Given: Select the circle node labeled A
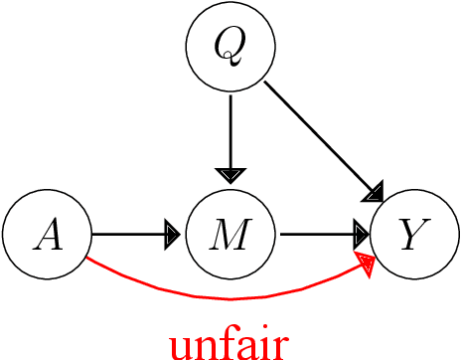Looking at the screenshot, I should (x=47, y=236).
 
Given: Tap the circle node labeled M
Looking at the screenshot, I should (x=230, y=236).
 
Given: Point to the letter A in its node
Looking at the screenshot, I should (x=47, y=236).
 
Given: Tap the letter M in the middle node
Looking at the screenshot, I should (x=230, y=236).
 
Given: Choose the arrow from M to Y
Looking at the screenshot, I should (x=320, y=236).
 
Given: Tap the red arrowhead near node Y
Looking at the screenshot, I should (x=370, y=264).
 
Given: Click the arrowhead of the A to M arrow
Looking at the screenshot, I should (x=172, y=236).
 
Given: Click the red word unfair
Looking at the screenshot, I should (x=229, y=342).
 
